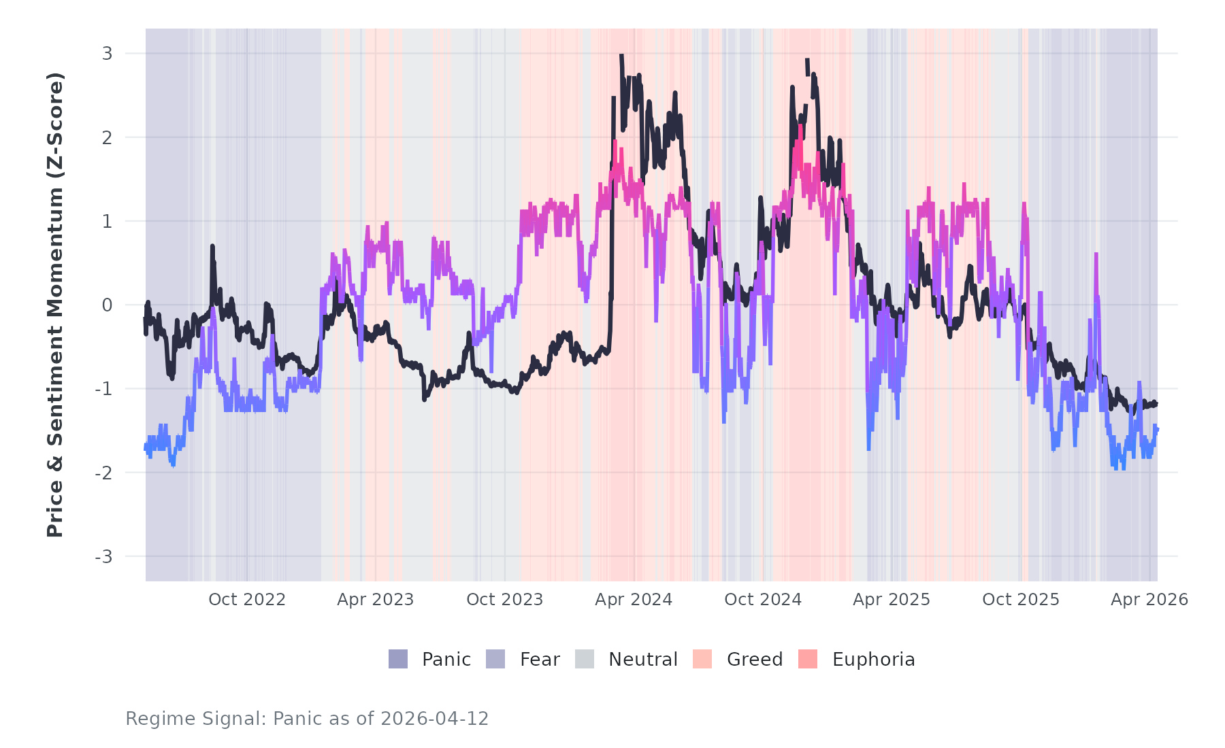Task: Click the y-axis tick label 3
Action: click(107, 53)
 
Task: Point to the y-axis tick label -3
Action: click(103, 557)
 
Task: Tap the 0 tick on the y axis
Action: click(107, 305)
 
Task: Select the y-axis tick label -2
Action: click(103, 473)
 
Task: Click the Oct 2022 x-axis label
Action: click(246, 600)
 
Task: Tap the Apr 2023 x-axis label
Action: click(376, 600)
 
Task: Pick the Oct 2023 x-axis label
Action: click(504, 600)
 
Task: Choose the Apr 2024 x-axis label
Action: click(634, 600)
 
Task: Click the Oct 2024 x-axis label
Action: click(763, 600)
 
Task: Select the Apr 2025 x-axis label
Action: click(892, 600)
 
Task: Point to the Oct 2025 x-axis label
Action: click(1021, 600)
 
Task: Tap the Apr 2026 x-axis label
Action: click(1149, 600)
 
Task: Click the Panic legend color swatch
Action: click(398, 659)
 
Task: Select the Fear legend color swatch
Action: click(495, 659)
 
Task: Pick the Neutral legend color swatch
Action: click(585, 659)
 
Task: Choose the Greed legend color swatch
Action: click(702, 659)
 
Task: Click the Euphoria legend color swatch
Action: click(808, 659)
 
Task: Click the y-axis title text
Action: click(54, 305)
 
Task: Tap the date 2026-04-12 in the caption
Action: click(434, 719)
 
